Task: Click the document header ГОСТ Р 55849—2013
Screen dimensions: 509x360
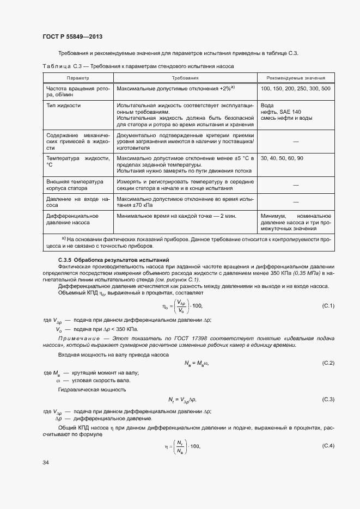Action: [x=72, y=36]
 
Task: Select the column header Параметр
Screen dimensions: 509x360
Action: [x=77, y=78]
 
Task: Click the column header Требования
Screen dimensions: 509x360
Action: [x=185, y=78]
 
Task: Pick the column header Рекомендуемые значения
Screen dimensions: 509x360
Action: [x=296, y=78]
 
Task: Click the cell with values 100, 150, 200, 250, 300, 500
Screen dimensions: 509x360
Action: [x=295, y=88]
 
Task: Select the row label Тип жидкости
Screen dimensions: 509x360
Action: [x=64, y=105]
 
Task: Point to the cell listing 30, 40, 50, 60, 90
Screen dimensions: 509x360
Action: [x=282, y=158]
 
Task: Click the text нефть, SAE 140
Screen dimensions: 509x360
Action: [x=280, y=112]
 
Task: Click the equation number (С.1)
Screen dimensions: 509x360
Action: [x=328, y=305]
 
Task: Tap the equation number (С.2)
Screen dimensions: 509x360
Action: [x=328, y=363]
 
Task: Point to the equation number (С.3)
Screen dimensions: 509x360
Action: [x=328, y=400]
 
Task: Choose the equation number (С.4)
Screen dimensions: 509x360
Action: [x=328, y=446]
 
